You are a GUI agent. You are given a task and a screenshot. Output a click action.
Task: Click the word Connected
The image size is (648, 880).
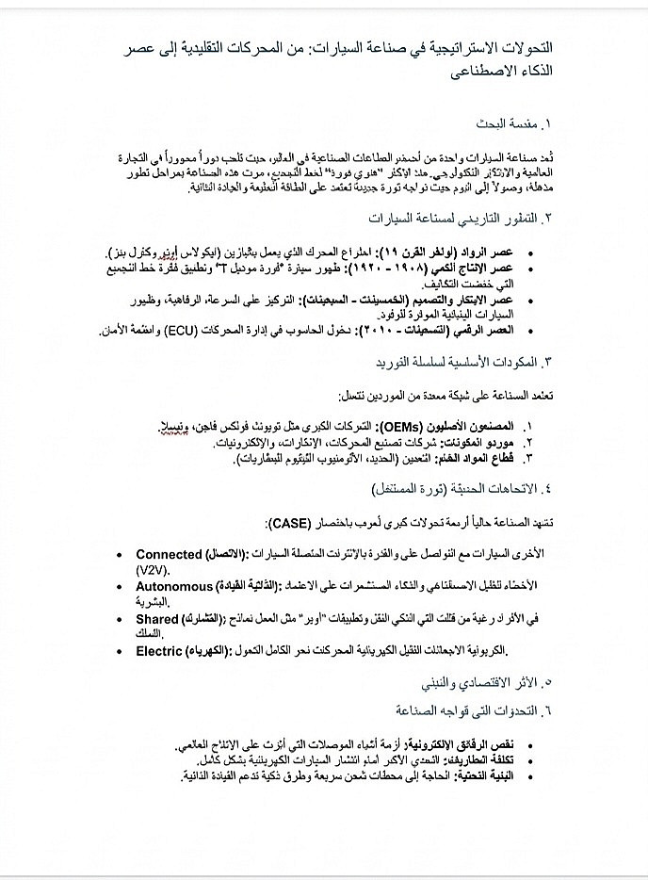(170, 555)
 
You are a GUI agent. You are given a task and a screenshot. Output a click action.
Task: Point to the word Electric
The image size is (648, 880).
(159, 650)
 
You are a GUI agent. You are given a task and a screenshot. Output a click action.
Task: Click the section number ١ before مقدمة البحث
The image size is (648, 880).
(546, 123)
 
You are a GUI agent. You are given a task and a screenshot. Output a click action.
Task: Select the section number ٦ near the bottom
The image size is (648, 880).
(546, 709)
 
